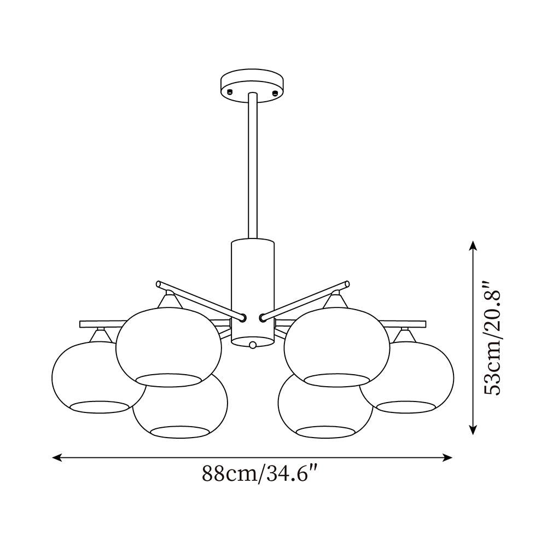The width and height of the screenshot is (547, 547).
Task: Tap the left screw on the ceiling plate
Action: click(x=230, y=92)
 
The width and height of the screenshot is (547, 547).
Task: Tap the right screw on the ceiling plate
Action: click(x=275, y=93)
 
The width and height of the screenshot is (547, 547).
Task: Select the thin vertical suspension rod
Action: click(x=253, y=166)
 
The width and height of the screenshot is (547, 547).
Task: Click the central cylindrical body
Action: click(x=253, y=292)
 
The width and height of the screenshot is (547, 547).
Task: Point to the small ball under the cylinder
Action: click(x=253, y=345)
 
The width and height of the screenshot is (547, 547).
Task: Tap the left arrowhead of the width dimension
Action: click(x=57, y=457)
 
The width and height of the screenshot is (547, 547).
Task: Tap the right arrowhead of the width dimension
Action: click(x=447, y=457)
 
